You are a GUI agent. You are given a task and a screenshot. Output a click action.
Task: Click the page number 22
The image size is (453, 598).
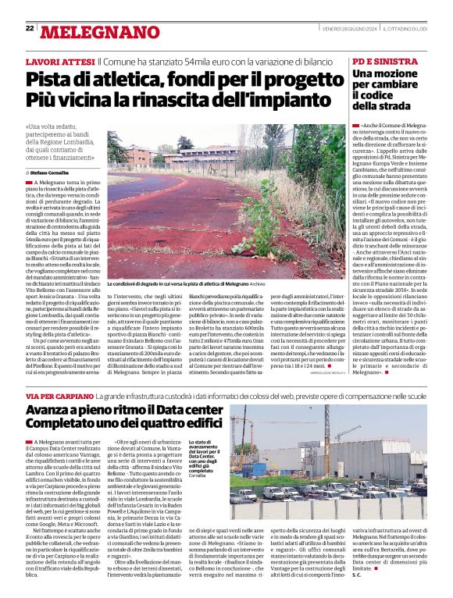tap(30, 28)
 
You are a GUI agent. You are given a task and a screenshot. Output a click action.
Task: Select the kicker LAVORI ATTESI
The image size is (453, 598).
tap(60, 61)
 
